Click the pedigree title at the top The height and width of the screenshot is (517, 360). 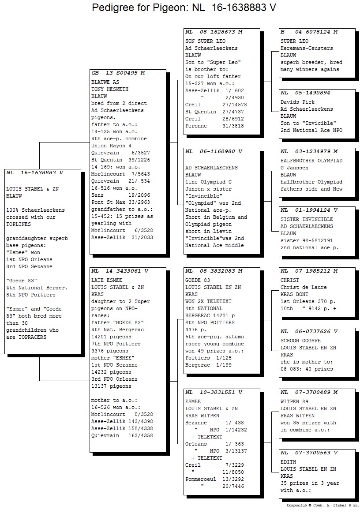(184, 7)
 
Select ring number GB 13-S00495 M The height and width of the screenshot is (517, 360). (118, 73)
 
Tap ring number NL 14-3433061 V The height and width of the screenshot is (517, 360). (120, 271)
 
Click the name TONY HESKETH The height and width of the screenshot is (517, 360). (110, 89)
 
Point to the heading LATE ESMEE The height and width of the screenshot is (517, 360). (106, 280)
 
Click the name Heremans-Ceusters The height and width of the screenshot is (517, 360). (307, 48)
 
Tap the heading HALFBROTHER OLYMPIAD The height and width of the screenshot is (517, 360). (311, 161)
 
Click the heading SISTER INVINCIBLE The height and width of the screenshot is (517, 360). (307, 219)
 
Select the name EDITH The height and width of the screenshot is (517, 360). (288, 462)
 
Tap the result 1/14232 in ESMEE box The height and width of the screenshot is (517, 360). (236, 430)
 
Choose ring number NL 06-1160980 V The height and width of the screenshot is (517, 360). (214, 152)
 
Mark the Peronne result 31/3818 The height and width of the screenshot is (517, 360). (233, 126)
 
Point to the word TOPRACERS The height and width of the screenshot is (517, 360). (32, 337)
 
